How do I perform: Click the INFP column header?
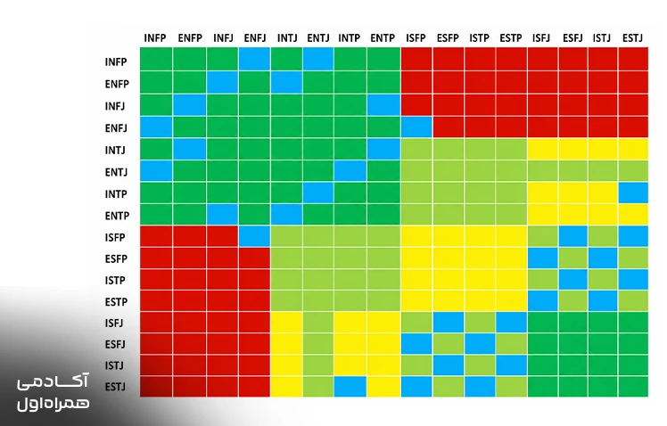155,38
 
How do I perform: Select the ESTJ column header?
632,38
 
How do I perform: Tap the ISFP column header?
416,38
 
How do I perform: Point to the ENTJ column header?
318,38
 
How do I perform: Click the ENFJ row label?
116,128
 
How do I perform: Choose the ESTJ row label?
115,387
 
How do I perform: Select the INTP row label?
116,194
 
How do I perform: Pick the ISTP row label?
115,281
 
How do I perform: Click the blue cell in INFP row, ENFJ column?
254,59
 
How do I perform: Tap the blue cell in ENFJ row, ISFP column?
416,127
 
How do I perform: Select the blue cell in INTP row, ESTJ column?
633,193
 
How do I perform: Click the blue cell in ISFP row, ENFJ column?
254,236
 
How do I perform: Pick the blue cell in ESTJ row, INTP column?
350,387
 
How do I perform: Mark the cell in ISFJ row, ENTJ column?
318,323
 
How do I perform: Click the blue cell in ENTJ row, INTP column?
350,170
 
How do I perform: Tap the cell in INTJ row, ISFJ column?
543,149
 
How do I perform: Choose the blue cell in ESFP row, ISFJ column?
543,258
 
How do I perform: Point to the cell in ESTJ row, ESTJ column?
633,387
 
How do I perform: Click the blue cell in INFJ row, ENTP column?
383,104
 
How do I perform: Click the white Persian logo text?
54,392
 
